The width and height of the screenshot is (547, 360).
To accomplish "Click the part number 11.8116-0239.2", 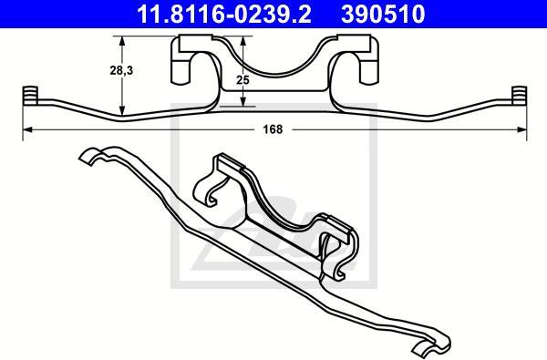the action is pos(224,15).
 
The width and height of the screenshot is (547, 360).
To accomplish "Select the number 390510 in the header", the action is pos(383,15).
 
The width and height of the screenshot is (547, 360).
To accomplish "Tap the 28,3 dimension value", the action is pos(121,70).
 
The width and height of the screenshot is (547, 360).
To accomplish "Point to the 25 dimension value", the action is pos(243,80).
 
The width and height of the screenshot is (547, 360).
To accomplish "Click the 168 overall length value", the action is pos(273,129).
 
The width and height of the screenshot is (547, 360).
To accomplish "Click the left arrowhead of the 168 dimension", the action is pos(27,129).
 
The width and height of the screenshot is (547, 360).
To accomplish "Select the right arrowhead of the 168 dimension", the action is pos(521,129).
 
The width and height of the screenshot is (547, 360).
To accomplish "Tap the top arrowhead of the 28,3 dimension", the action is pos(122,41).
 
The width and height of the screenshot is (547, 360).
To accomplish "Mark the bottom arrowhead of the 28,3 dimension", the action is pos(122,110).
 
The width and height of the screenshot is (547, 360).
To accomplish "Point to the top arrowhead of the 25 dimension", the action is pos(243,41).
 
